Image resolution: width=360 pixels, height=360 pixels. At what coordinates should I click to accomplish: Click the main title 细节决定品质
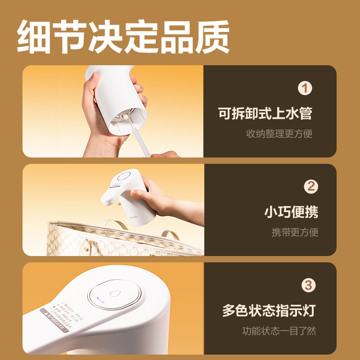click(x=123, y=36)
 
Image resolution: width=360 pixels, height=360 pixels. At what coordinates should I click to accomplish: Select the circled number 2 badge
click(x=310, y=186)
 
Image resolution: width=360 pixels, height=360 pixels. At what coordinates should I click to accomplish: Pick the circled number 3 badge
click(x=308, y=285)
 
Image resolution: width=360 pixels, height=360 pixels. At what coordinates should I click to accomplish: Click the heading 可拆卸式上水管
click(x=265, y=113)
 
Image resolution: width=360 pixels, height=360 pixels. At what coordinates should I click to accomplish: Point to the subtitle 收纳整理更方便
click(x=279, y=134)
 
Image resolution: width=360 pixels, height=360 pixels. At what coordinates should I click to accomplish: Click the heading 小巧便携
click(x=291, y=212)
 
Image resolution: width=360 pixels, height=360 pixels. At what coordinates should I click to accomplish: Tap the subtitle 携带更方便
click(x=295, y=232)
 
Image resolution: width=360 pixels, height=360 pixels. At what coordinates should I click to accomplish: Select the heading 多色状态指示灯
click(x=269, y=310)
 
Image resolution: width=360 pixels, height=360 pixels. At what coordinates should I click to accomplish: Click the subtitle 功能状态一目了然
click(x=279, y=331)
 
